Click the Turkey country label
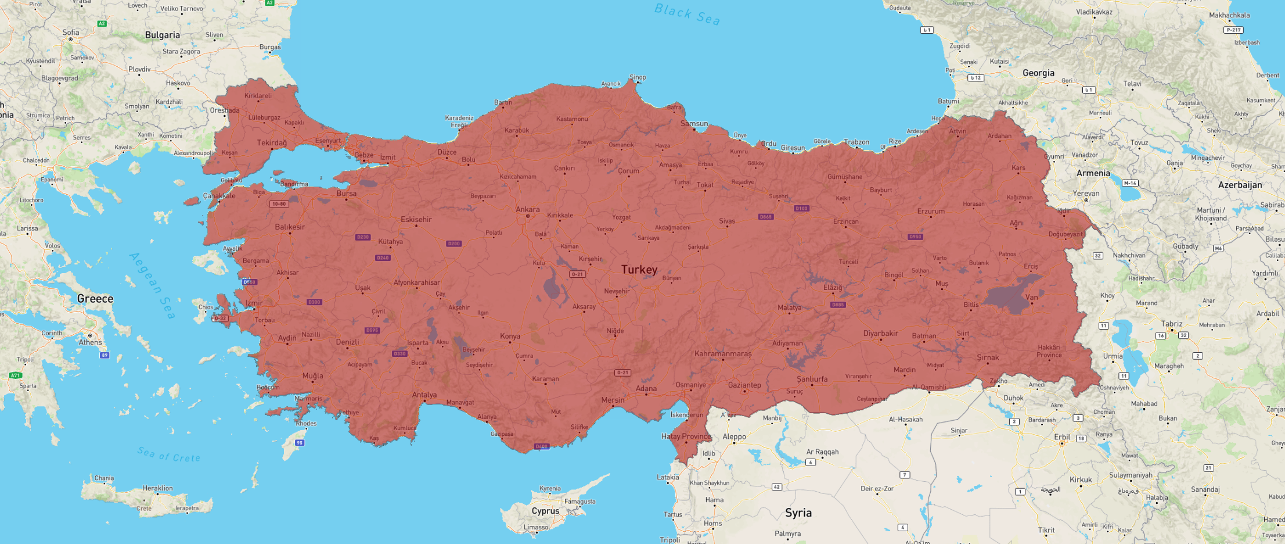point(639,270)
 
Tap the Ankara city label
point(528,209)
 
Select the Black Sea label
point(687,14)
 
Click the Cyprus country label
point(545,511)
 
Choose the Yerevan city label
point(1086,194)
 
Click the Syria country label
point(798,513)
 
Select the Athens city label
point(90,342)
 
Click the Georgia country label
point(1038,73)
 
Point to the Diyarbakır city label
point(880,333)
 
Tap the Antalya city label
point(424,395)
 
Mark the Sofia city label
point(71,33)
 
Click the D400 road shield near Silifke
point(541,446)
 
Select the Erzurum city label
point(931,211)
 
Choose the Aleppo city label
point(734,436)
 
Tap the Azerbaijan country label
point(1240,185)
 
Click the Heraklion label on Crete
point(157,488)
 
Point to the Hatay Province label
point(686,436)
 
